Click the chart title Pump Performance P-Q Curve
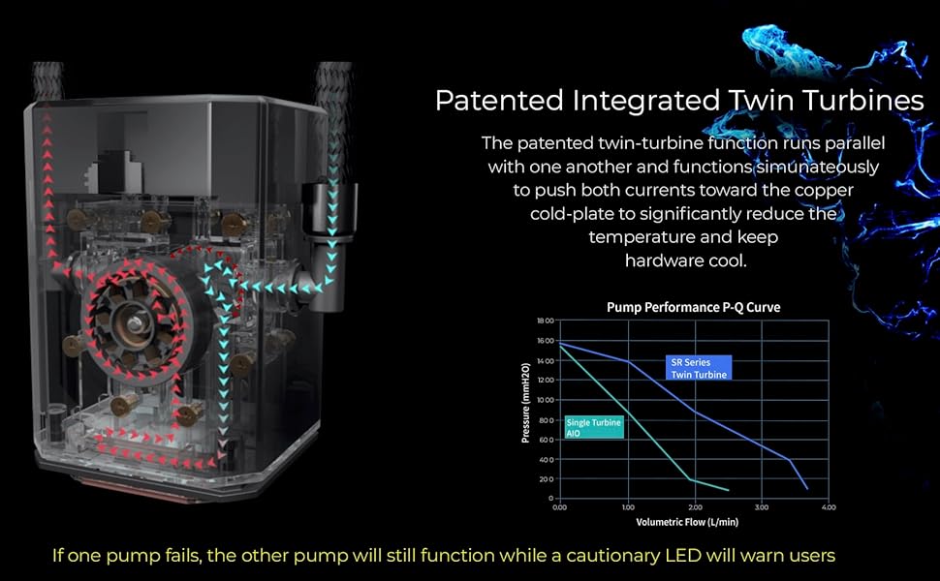[x=693, y=307]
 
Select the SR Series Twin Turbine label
[x=699, y=368]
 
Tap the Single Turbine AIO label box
[x=594, y=427]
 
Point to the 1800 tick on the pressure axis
[x=546, y=321]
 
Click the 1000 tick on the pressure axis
[x=546, y=400]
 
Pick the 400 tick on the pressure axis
[x=547, y=459]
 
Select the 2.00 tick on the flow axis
[x=696, y=507]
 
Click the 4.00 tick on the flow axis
[x=829, y=507]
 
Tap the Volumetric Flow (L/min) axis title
[x=687, y=522]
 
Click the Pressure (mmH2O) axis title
[x=526, y=403]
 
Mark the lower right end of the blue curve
[x=807, y=489]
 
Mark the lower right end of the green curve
[x=729, y=491]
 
